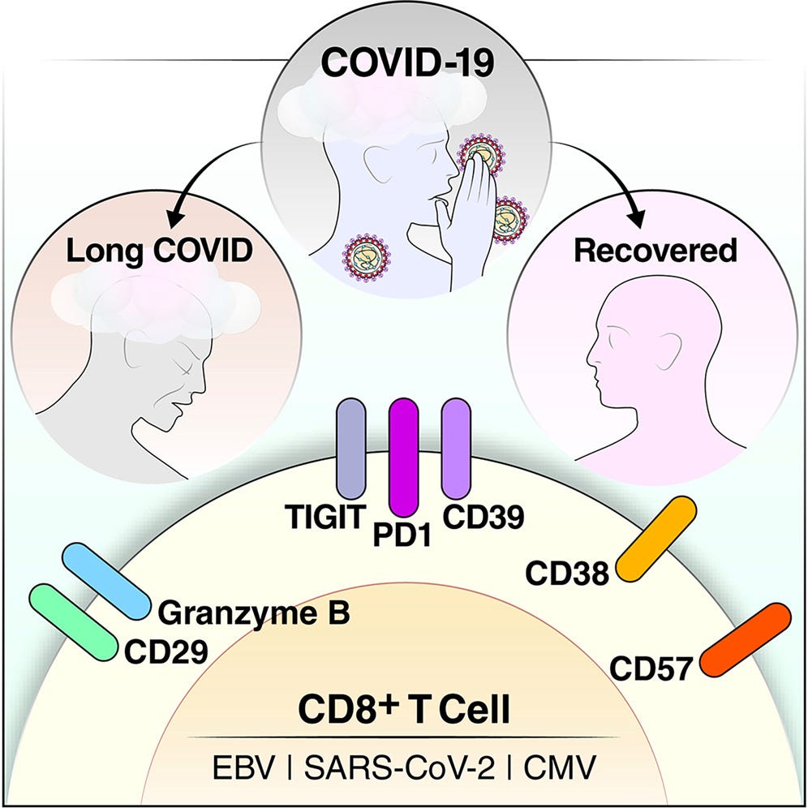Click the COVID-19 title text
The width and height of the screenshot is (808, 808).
[407, 63]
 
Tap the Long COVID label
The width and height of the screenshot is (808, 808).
[160, 251]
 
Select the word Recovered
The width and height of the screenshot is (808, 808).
[655, 251]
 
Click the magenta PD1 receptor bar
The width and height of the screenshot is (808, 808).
[403, 457]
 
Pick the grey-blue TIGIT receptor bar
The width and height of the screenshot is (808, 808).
[351, 449]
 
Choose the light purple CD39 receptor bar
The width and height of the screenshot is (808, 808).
[457, 449]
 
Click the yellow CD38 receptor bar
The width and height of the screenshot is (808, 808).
[656, 539]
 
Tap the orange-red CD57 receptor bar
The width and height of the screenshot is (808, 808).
[746, 639]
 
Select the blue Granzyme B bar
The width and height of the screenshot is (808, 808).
[106, 581]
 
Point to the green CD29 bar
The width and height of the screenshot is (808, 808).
[74, 622]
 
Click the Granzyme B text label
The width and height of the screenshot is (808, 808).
[254, 613]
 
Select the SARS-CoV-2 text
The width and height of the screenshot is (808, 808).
[399, 767]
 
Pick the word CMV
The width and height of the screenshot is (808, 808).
[560, 767]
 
